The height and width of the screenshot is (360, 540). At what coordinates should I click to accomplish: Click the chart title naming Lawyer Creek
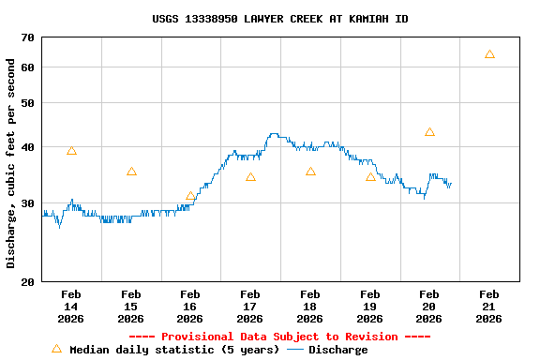coord(279,19)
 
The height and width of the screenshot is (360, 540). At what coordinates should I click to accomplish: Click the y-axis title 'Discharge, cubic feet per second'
coord(11,163)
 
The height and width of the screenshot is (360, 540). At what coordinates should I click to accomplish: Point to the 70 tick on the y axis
coord(25,37)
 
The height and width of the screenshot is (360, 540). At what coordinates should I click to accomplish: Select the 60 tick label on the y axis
coord(25,67)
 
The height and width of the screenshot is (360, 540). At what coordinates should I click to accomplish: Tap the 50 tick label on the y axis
coord(25,103)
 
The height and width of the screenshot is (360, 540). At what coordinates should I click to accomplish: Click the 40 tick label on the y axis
coord(25,147)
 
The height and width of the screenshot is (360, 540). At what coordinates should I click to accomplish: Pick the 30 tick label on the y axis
coord(25,203)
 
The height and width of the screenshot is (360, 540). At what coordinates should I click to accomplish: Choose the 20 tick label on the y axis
coord(25,282)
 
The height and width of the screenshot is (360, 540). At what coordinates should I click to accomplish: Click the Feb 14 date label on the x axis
coord(71,307)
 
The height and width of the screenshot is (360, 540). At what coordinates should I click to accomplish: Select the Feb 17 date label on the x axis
coord(250,307)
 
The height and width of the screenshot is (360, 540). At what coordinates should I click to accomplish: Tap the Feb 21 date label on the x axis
coord(488,307)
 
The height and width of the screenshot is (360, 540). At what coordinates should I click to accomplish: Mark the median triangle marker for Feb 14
coord(71,151)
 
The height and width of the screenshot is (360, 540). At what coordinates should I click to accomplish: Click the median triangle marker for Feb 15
coord(131,172)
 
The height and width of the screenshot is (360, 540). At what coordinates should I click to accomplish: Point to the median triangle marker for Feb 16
coord(190,197)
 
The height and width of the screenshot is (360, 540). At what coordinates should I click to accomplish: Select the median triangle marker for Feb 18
coord(310,172)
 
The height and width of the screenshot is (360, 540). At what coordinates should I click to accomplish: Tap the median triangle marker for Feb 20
coord(429,132)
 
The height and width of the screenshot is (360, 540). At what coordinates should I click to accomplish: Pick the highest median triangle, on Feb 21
coord(489,54)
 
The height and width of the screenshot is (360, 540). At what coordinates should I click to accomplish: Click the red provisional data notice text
coord(279,337)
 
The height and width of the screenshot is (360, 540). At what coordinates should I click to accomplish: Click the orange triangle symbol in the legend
coord(56,349)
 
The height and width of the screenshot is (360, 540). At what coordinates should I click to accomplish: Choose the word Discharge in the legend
coord(337,350)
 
